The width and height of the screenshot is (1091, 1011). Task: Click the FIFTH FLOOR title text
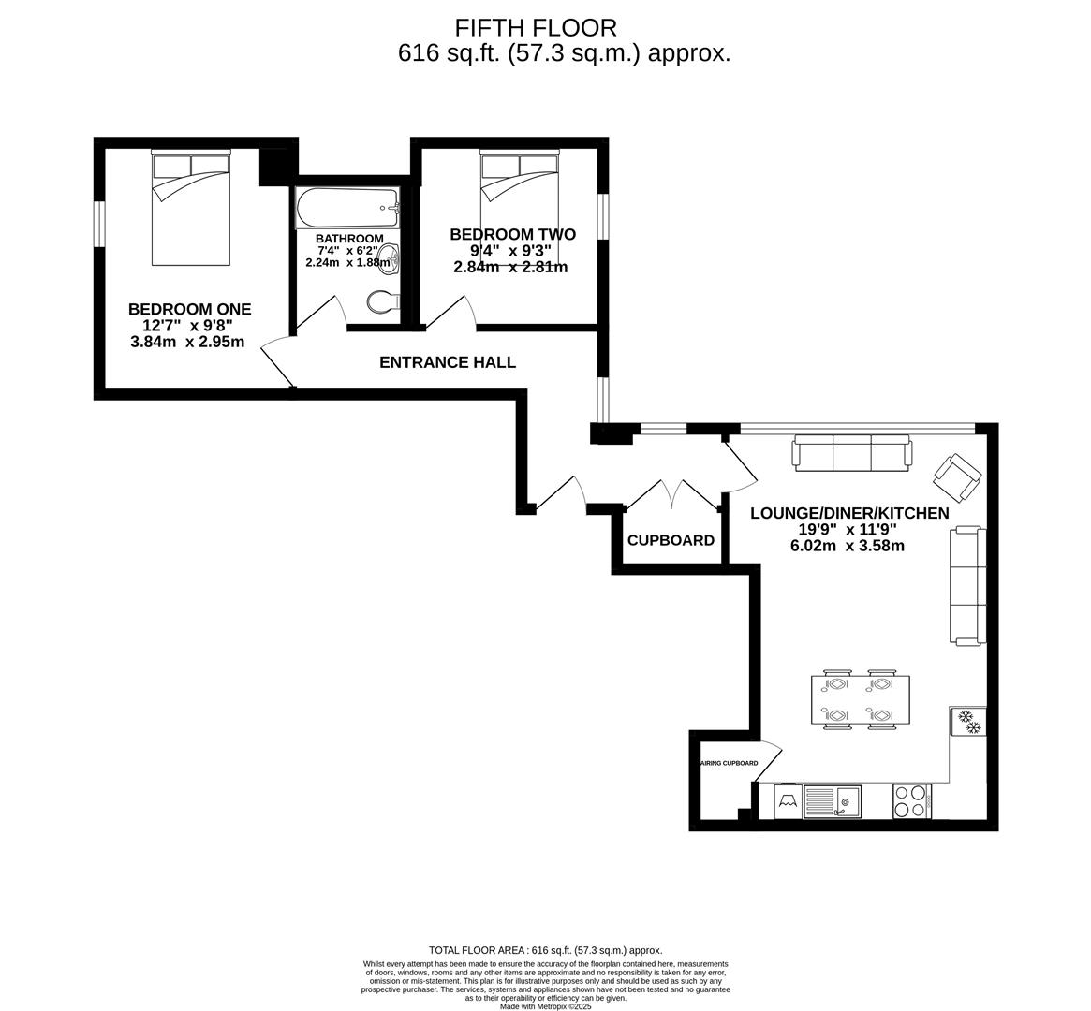536,28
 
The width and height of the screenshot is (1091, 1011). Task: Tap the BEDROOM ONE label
189,309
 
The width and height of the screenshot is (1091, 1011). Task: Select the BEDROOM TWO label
513,234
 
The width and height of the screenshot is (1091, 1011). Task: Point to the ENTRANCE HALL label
448,362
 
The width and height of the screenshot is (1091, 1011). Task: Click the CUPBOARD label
671,540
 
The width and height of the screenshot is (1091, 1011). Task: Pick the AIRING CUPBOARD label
730,764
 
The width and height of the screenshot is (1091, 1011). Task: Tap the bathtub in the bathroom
347,209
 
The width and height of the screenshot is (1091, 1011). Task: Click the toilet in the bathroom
383,302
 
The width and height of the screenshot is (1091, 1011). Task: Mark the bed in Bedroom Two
520,201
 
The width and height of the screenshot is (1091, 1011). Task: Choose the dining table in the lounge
860,700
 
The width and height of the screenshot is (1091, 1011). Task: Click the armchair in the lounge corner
958,477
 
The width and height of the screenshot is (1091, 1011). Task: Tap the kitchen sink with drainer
833,801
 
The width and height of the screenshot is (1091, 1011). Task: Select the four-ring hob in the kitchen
911,801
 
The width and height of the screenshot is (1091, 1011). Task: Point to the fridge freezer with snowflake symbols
967,723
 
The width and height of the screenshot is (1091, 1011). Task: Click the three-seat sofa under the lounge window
851,453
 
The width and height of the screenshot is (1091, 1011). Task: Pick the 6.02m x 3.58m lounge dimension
848,546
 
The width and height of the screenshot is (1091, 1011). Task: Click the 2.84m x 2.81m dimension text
510,266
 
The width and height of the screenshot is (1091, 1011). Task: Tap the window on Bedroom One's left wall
99,223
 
